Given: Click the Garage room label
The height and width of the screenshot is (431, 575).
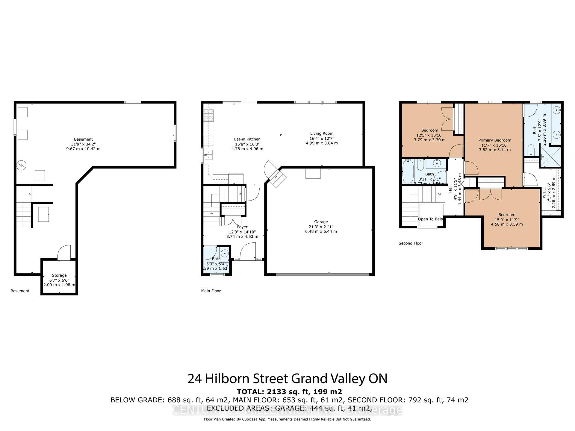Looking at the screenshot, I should coord(321,222).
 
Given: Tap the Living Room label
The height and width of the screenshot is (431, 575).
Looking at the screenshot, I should coord(322,133).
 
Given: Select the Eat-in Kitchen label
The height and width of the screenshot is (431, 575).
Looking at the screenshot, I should coord(247,139).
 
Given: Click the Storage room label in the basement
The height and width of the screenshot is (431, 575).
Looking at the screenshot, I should coord(59,275).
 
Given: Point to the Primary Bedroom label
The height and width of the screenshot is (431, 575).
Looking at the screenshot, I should coord(494,140).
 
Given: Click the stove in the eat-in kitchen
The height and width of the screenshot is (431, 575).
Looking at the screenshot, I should coord(209,115).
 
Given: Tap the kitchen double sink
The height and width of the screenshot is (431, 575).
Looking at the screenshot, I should coord(208,155).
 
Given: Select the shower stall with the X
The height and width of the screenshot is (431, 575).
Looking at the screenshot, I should coord(550,157).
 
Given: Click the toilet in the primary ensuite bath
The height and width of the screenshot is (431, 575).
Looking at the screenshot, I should coord(531,149).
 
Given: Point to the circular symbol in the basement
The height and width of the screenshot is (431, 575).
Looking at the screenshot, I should coord(22,164).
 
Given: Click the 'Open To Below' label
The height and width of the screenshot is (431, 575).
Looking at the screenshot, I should coord(430,219).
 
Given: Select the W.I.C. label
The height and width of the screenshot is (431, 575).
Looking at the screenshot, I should coord(544,193).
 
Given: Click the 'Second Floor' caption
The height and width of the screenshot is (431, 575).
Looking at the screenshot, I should coord(411,243).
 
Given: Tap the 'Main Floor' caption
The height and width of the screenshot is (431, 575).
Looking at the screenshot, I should coord(211,291).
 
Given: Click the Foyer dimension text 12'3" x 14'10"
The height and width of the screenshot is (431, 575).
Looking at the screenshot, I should coord(242,232).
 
